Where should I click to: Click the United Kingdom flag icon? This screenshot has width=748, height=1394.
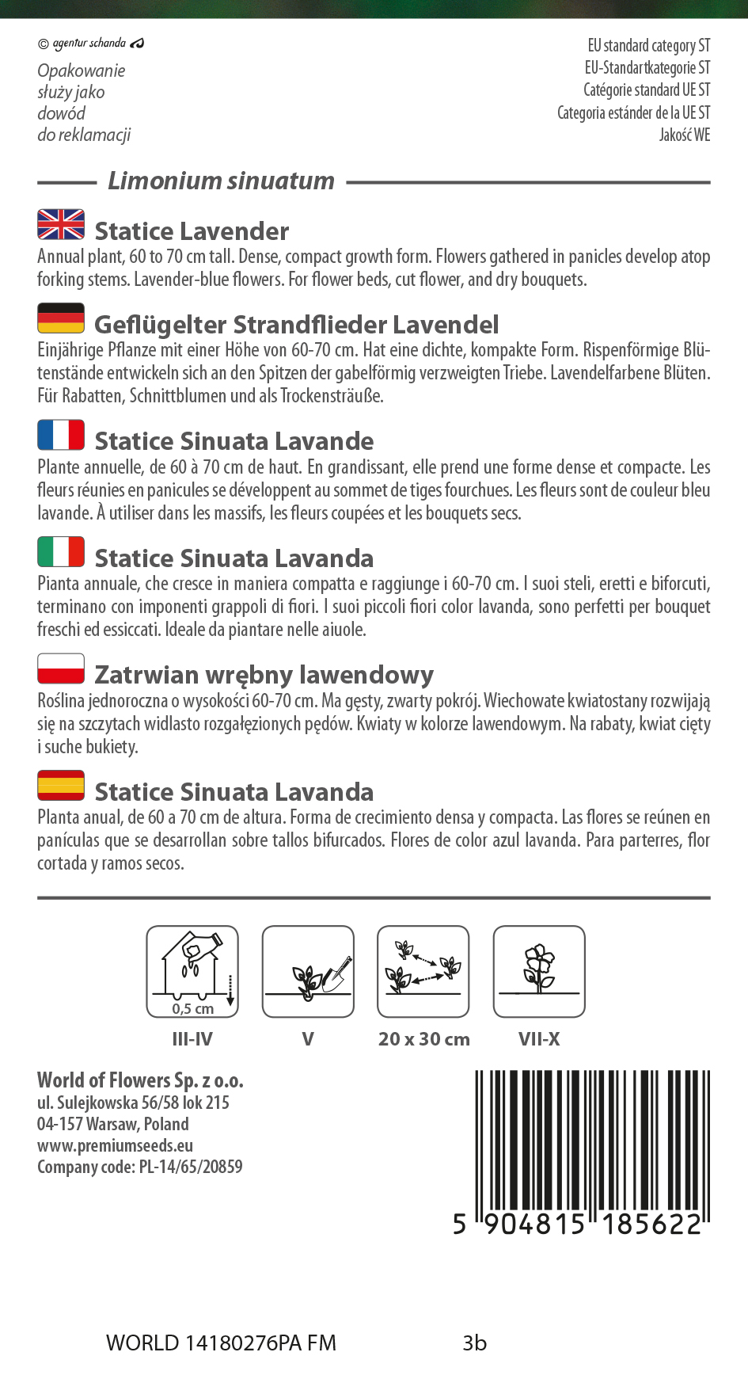(x=61, y=224)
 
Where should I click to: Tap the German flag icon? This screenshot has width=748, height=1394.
(x=61, y=318)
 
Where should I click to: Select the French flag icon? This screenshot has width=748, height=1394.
(x=61, y=435)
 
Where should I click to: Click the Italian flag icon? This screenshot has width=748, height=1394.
(x=61, y=551)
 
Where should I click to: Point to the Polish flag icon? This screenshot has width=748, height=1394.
(x=61, y=668)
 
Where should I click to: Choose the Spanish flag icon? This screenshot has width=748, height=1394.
(x=61, y=785)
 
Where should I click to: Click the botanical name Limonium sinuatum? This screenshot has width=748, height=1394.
(x=222, y=181)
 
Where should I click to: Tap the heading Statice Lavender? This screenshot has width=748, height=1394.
(x=192, y=231)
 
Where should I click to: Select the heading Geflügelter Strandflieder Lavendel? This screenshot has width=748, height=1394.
(x=296, y=325)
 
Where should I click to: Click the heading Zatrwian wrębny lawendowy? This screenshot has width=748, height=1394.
(x=264, y=675)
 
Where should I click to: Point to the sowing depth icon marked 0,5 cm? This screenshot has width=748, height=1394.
(x=192, y=971)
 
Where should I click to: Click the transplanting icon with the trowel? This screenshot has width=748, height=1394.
(x=308, y=971)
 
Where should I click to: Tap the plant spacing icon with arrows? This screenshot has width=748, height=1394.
(x=423, y=971)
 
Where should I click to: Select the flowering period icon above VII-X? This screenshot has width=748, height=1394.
(x=539, y=971)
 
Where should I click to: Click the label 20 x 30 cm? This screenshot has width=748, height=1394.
(x=423, y=1039)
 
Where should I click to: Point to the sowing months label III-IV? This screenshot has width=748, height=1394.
(x=192, y=1039)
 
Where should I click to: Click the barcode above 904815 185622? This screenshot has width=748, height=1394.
(x=591, y=1141)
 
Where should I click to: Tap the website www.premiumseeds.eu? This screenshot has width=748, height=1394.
(x=115, y=1145)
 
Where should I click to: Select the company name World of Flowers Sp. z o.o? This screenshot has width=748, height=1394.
(x=140, y=1080)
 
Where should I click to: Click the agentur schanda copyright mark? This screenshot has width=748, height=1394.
(x=90, y=43)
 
